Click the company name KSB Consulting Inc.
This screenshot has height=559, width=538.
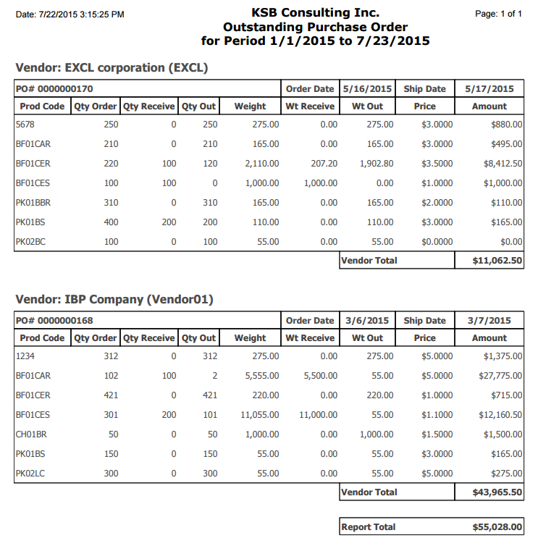(315, 12)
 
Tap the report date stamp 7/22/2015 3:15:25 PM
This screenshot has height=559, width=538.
(70, 14)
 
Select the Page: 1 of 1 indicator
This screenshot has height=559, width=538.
(498, 14)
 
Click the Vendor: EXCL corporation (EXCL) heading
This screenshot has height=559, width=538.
(112, 68)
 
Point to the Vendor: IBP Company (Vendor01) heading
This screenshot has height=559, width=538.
(114, 300)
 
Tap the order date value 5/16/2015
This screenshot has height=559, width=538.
(366, 89)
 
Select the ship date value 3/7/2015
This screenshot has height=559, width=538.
(489, 321)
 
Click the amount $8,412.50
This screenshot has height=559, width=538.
(501, 164)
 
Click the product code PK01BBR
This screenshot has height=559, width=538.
(33, 203)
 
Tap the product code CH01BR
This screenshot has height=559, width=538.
(31, 434)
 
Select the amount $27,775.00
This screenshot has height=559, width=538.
(499, 376)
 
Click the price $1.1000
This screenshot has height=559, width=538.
(437, 415)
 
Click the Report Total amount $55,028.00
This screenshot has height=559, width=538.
(497, 527)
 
